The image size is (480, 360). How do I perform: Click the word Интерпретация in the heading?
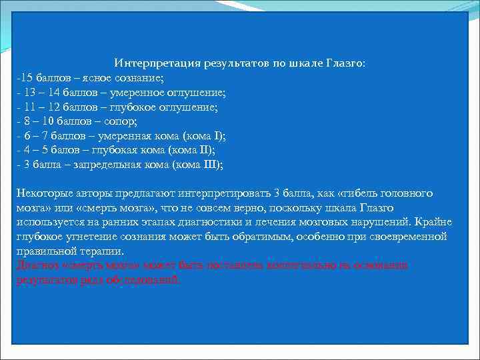pos(152,63)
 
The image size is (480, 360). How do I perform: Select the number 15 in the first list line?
pos(24,79)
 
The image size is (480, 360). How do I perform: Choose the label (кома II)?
pos(189,151)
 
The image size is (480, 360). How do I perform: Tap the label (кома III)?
pos(197,165)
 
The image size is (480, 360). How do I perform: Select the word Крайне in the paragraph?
pos(433,222)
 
